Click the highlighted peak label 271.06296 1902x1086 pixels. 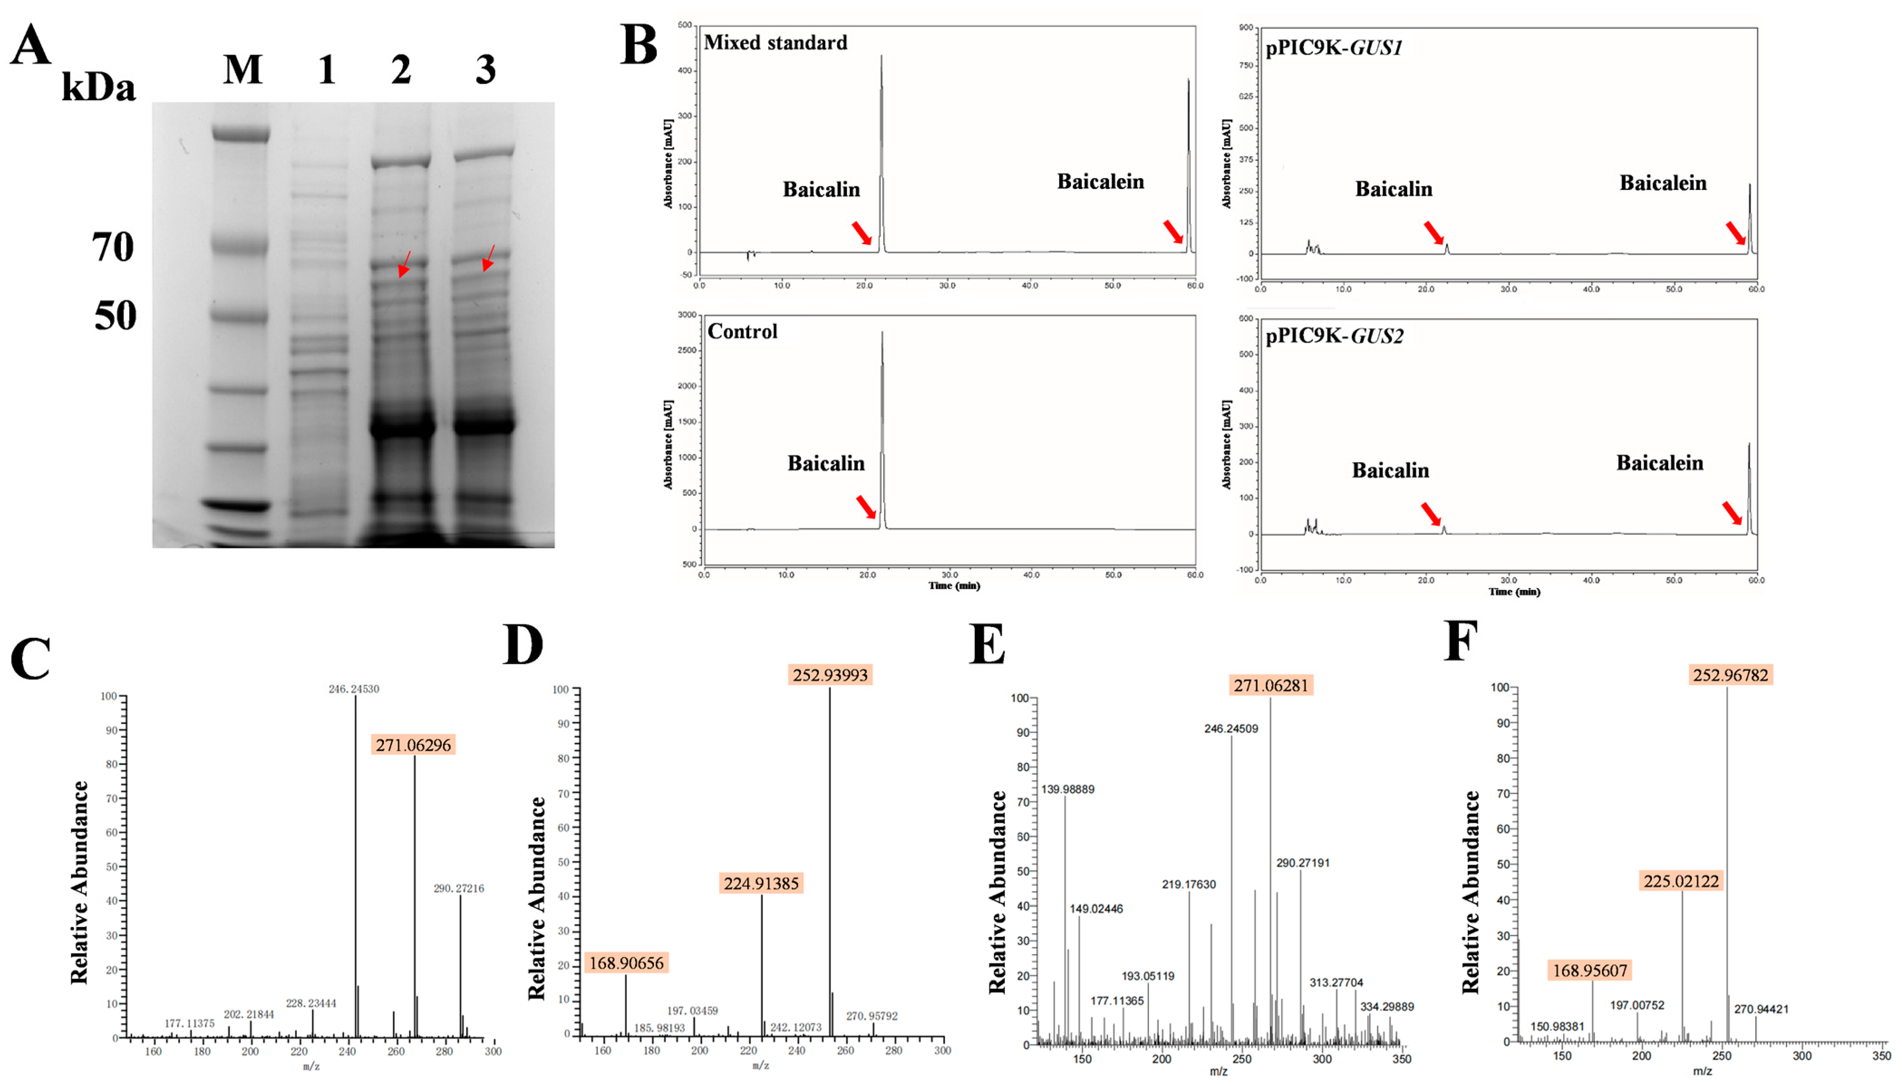(413, 744)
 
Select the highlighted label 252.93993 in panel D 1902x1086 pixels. (830, 675)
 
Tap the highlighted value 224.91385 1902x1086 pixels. (761, 883)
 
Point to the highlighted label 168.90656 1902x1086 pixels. (627, 963)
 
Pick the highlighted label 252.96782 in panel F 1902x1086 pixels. (1730, 675)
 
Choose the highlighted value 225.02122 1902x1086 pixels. (1681, 881)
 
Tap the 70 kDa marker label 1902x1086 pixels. (113, 247)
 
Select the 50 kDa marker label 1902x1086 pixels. (115, 315)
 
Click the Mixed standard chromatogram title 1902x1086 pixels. (776, 43)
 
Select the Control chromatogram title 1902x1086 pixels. (742, 331)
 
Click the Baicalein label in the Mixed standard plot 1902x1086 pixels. (1100, 181)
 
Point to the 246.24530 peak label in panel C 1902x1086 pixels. (353, 689)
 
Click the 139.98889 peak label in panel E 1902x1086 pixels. (1067, 789)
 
